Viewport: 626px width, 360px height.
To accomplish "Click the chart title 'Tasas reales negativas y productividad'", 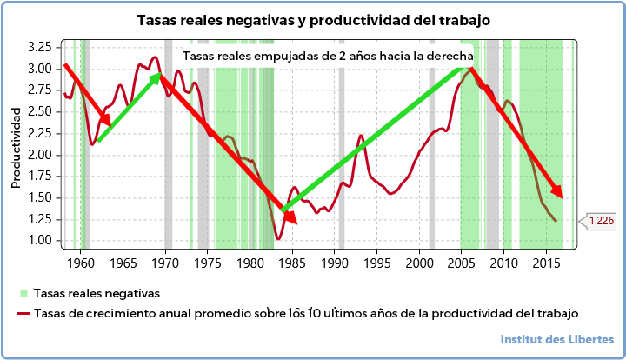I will pyautogui.click(x=313, y=19).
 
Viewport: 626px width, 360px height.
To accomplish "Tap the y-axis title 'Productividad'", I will pyautogui.click(x=16, y=147).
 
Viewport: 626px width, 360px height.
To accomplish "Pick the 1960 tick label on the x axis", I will pyautogui.click(x=81, y=262).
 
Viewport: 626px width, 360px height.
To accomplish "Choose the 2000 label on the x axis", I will pyautogui.click(x=420, y=262).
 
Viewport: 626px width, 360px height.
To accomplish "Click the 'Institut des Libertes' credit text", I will pyautogui.click(x=557, y=339).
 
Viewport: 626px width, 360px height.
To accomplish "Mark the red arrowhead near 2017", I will pyautogui.click(x=556, y=192).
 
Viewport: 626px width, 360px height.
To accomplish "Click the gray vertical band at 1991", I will pyautogui.click(x=342, y=148).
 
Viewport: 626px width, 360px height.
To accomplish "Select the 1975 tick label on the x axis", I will pyautogui.click(x=208, y=262).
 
